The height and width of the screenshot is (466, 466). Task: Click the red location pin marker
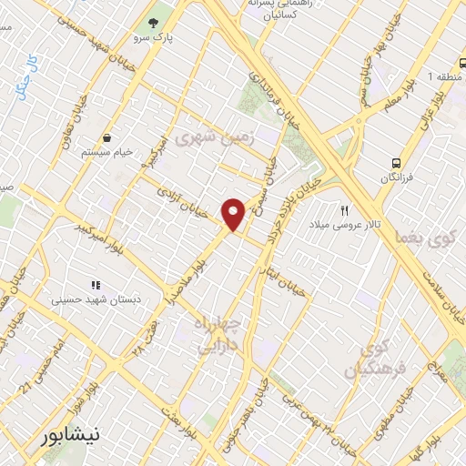point(234,214)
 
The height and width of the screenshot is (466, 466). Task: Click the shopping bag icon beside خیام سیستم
point(108,137)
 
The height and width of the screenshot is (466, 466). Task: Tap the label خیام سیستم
point(108,152)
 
